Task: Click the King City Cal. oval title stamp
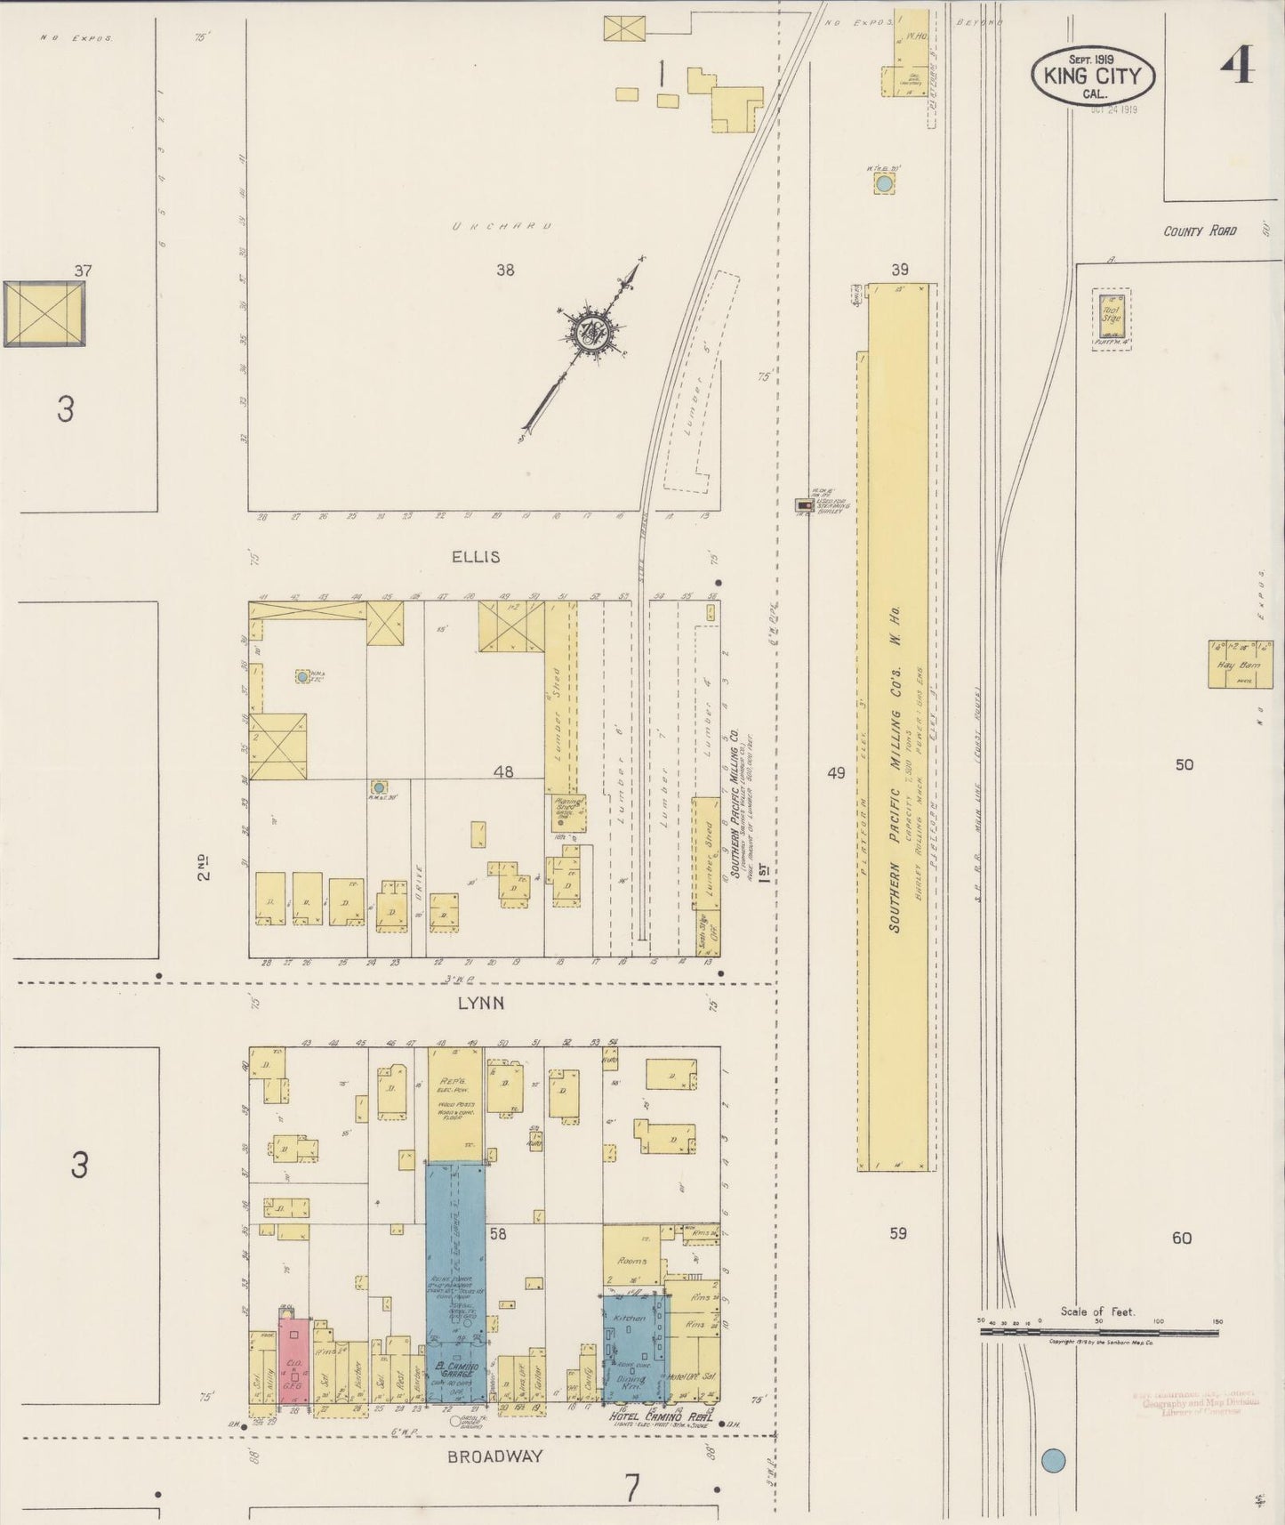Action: coord(1093,75)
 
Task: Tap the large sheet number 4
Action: coord(1237,66)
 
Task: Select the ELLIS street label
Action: coord(476,557)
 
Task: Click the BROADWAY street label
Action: coord(494,1456)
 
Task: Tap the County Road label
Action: coord(1200,230)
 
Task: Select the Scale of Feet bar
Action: coord(1099,1332)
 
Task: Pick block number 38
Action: coord(505,270)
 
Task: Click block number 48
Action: coord(503,772)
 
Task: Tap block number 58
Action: coord(498,1234)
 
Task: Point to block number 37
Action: coord(83,270)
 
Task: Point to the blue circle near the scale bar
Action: coord(1052,1461)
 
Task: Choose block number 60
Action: coord(1181,1238)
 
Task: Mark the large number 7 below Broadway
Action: coord(631,1488)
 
